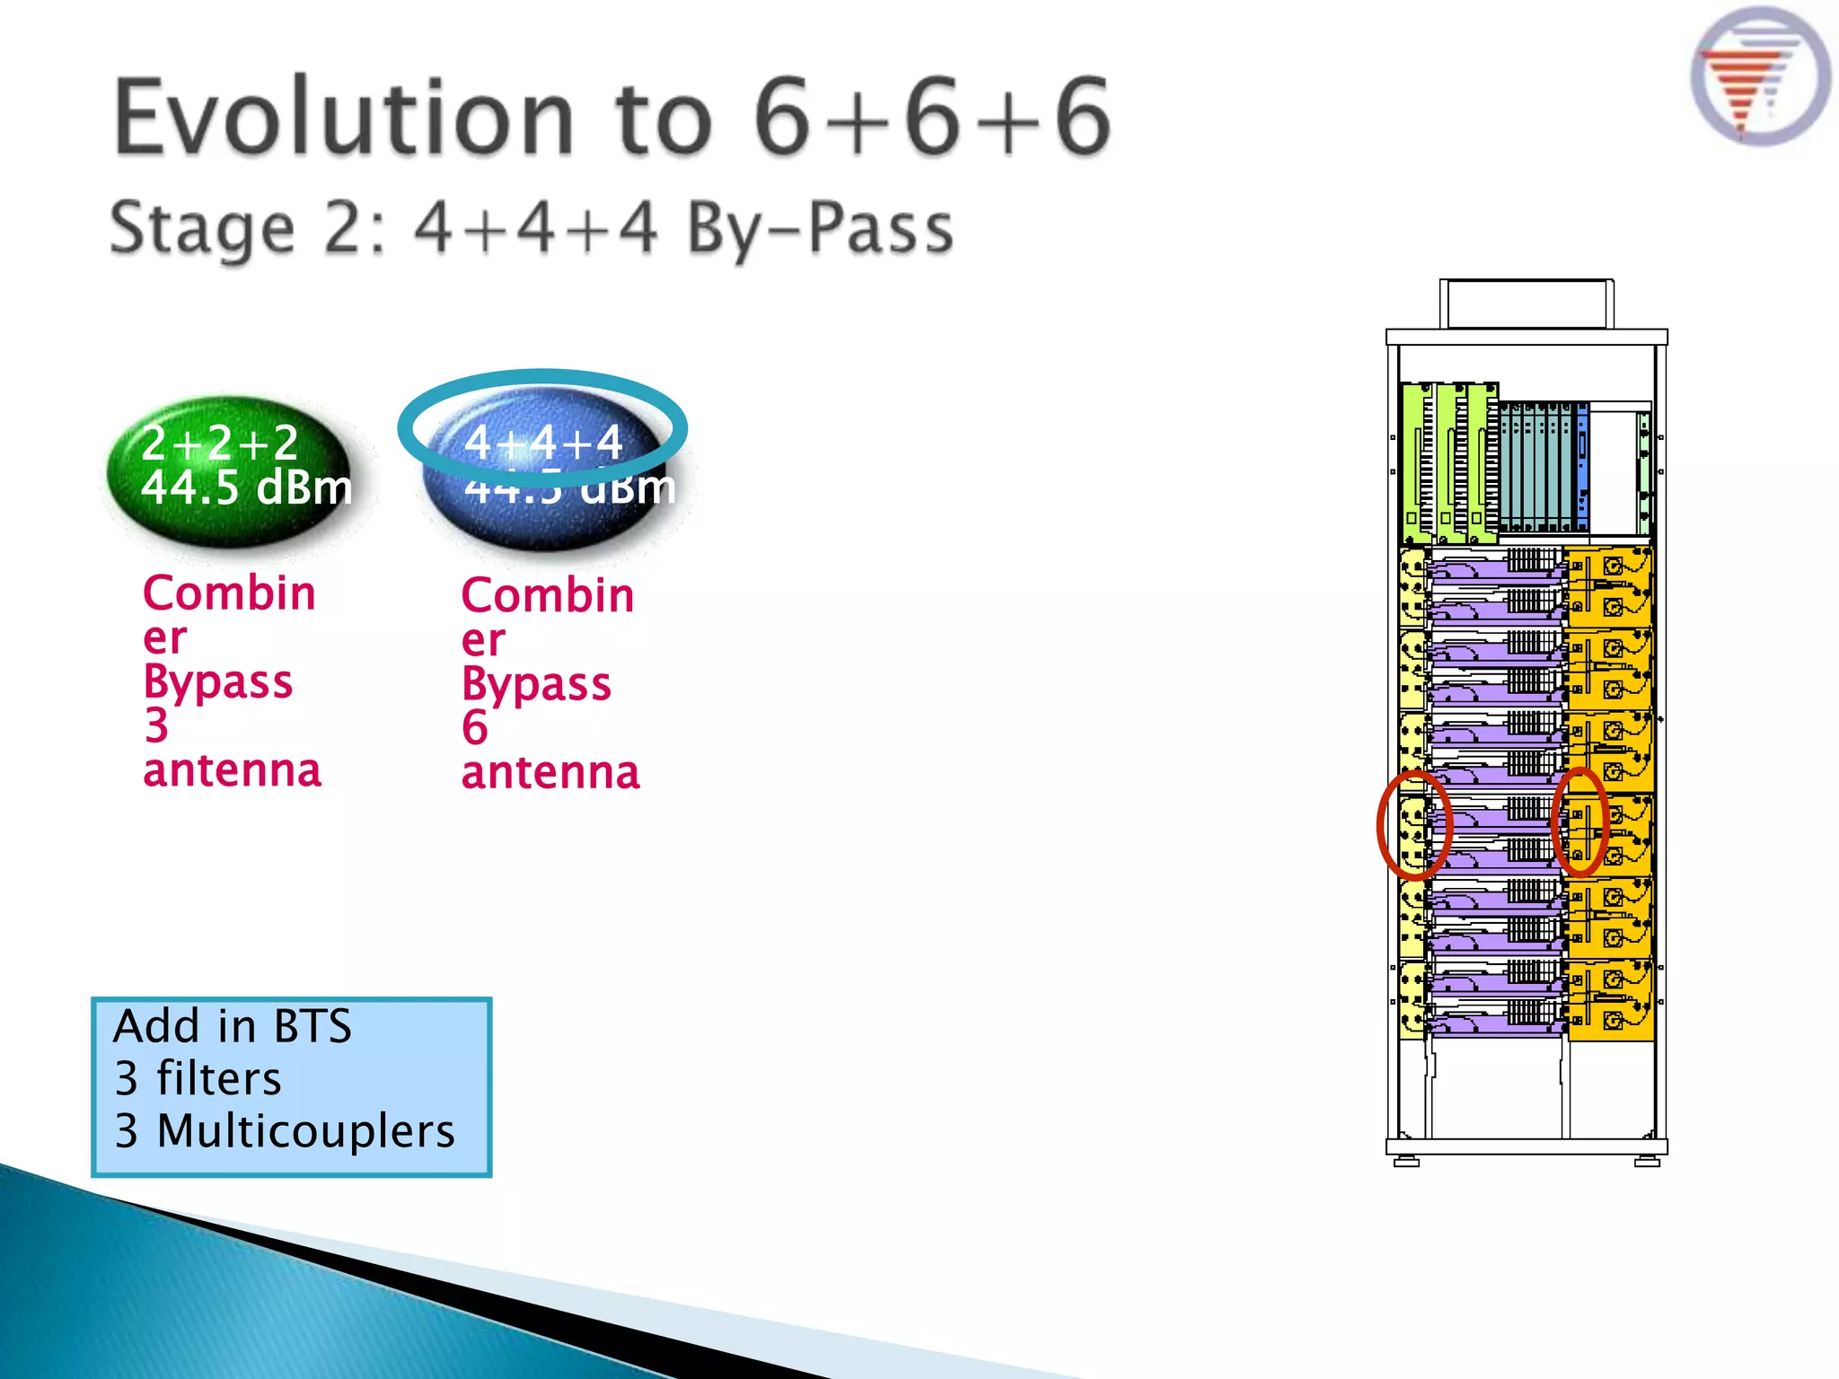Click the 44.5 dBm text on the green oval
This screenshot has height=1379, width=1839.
click(x=246, y=487)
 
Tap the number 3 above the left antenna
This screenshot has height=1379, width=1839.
click(x=156, y=725)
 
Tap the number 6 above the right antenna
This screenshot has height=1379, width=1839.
click(x=474, y=727)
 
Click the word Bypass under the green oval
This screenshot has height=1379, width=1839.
click(x=217, y=681)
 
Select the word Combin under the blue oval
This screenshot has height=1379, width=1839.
click(x=547, y=595)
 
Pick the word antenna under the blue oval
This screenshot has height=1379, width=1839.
click(x=550, y=772)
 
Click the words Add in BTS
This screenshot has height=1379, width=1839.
click(x=233, y=1026)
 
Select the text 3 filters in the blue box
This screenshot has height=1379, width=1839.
click(x=198, y=1078)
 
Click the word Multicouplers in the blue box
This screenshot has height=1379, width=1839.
click(x=305, y=1130)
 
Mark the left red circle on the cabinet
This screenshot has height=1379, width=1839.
click(x=1413, y=824)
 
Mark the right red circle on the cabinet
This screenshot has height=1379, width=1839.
click(x=1580, y=821)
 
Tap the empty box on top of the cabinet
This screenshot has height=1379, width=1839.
click(x=1526, y=304)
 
